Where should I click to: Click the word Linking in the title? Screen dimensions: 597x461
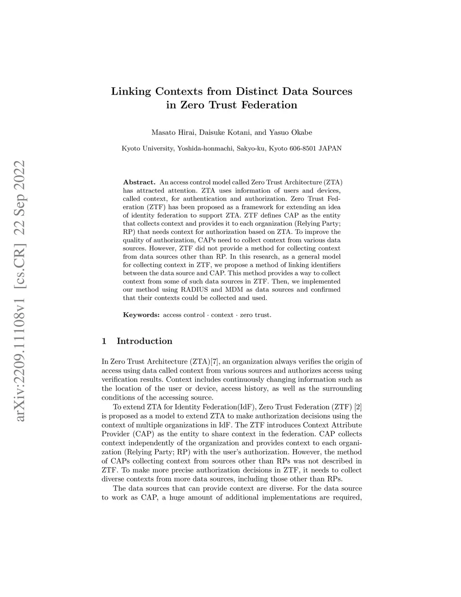(131, 92)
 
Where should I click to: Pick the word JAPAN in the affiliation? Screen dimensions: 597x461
(330, 148)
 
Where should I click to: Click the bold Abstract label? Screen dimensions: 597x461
(139, 182)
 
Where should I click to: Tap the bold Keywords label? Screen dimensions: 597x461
(141, 315)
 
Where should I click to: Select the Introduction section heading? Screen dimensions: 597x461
(144, 341)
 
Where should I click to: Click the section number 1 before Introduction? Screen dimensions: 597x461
(104, 341)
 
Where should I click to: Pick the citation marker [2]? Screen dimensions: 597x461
(358, 406)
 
